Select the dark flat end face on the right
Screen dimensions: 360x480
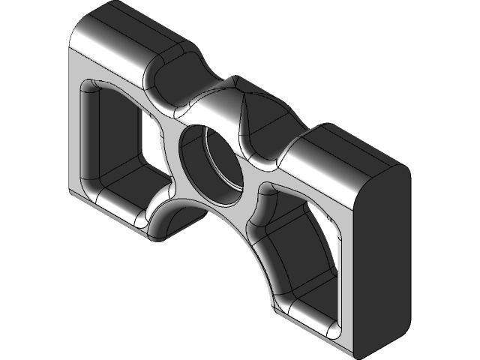tap(382, 255)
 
